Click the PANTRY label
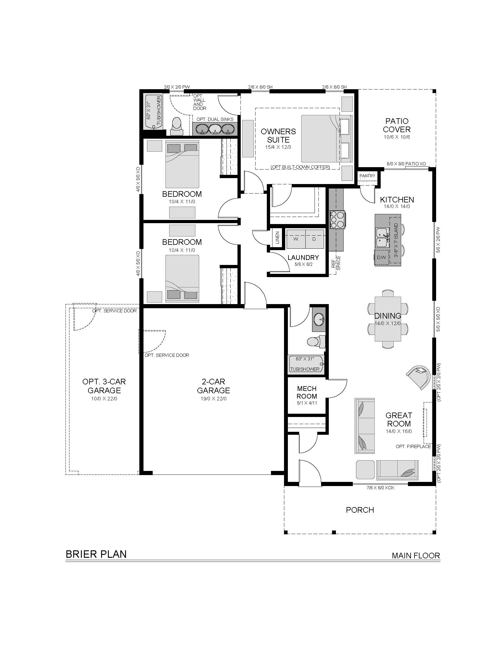pyautogui.click(x=367, y=176)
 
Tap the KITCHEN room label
pyautogui.click(x=397, y=199)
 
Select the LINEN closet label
pyautogui.click(x=277, y=238)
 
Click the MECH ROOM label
pyautogui.click(x=307, y=392)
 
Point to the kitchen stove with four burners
pyautogui.click(x=337, y=220)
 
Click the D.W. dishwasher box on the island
pyautogui.click(x=382, y=257)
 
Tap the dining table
pyautogui.click(x=388, y=319)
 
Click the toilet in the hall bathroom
pyautogui.click(x=316, y=341)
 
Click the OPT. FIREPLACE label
pyautogui.click(x=413, y=447)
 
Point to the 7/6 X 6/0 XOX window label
pyautogui.click(x=380, y=488)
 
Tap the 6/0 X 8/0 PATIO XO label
pyautogui.click(x=406, y=164)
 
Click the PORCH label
pyautogui.click(x=360, y=510)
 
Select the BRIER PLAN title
pyautogui.click(x=96, y=554)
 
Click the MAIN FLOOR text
pyautogui.click(x=416, y=556)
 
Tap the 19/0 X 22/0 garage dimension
pyautogui.click(x=213, y=399)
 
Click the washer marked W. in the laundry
pyautogui.click(x=296, y=239)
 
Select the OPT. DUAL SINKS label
pyautogui.click(x=215, y=119)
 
